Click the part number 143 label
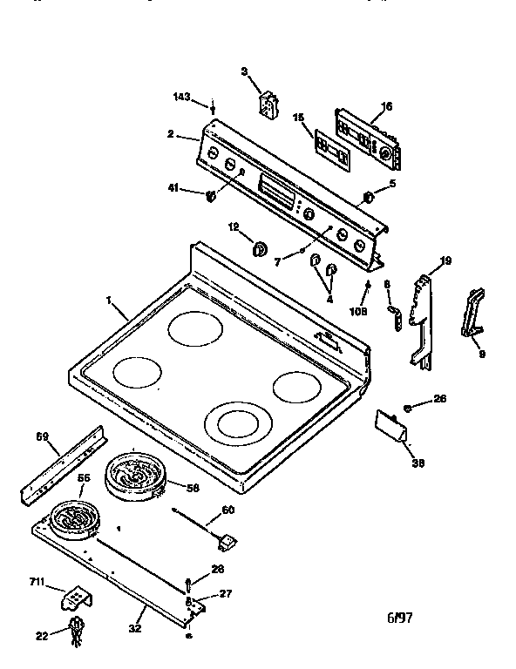182,97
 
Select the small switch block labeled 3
268,105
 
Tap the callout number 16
386,106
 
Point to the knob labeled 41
210,196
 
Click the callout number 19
445,260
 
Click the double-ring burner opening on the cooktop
238,424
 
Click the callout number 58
193,488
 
